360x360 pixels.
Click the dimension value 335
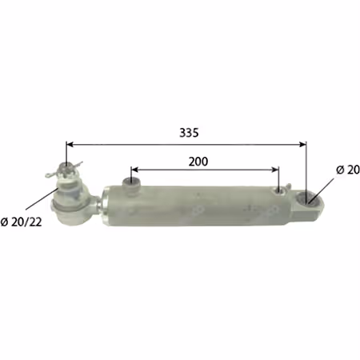tap(189, 133)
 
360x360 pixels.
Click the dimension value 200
tap(198, 162)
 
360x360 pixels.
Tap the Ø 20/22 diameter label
tap(22, 222)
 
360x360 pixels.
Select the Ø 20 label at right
tap(348, 170)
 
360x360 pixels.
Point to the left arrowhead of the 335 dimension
tap(70, 145)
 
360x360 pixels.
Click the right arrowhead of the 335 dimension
tap(302, 145)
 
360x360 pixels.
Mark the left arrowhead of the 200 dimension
tap(135, 170)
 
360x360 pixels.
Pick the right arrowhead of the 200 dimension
tap(275, 170)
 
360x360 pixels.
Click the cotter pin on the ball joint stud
tap(64, 170)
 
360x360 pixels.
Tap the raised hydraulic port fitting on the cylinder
tap(131, 185)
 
